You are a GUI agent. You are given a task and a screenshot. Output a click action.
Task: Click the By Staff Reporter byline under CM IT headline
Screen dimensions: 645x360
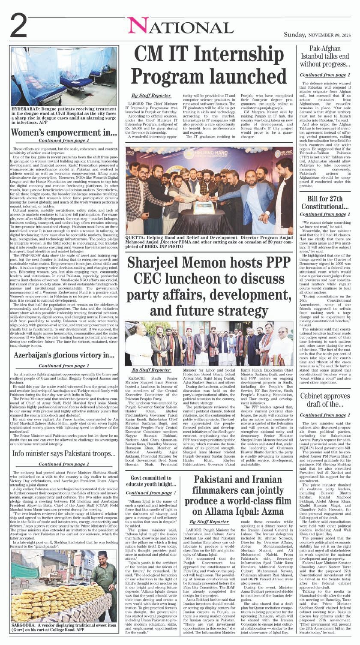click(145, 95)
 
